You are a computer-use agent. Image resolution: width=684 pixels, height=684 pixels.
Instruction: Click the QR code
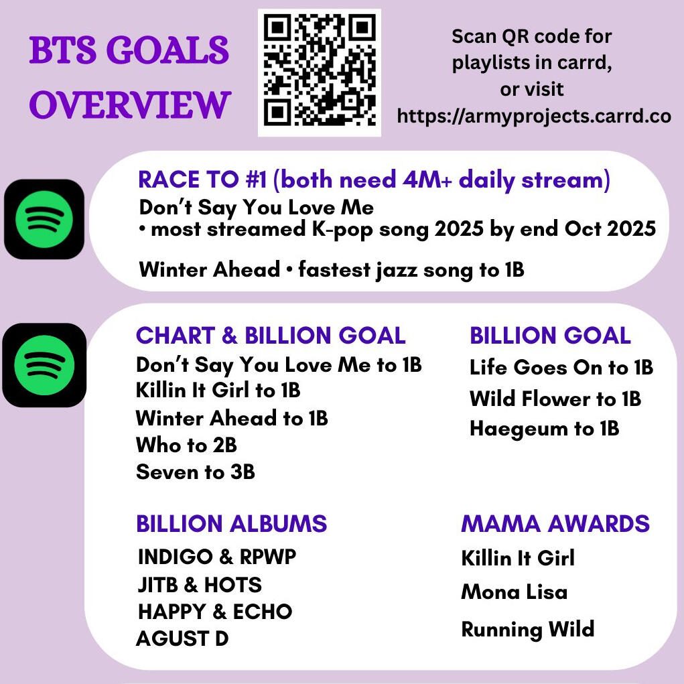coord(320,72)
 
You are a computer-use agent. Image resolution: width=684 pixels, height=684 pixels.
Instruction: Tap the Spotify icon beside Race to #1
coord(44,219)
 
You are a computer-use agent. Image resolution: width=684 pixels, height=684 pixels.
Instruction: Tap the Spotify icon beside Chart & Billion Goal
coord(44,365)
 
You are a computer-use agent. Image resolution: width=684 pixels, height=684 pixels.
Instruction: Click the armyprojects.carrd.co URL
coord(534,116)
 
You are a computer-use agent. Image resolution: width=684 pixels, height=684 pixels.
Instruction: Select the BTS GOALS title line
coord(129,50)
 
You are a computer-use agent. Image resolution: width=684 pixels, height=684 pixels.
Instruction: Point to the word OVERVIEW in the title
coord(130,105)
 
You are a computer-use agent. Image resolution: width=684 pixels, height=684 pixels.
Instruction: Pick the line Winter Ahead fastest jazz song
coord(332,269)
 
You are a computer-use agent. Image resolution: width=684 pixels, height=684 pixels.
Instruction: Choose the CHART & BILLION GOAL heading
coord(271,336)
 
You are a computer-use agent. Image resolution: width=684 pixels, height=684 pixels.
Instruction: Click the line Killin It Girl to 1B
coord(218,390)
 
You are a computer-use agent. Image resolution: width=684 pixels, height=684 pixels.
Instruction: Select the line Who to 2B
coord(186,445)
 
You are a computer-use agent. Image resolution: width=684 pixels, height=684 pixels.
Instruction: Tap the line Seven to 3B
coord(196,472)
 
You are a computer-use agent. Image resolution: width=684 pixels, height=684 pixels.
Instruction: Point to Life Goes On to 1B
coord(561,367)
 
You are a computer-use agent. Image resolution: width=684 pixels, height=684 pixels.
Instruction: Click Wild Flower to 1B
coord(555,399)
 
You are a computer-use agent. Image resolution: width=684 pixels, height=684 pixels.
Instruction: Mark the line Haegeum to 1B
coord(545,429)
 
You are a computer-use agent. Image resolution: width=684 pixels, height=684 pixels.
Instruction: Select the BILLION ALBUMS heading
coord(231,523)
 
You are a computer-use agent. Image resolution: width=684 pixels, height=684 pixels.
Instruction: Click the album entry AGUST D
coord(182,638)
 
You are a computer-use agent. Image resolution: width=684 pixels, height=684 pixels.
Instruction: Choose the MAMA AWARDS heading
coord(555,523)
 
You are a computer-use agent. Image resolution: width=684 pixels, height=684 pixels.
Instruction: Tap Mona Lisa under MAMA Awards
coord(515,592)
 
